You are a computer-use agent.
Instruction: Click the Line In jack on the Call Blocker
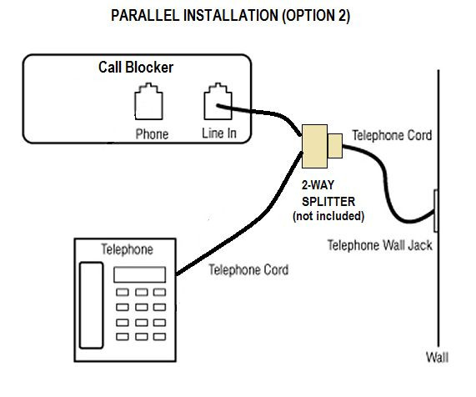[x=218, y=104]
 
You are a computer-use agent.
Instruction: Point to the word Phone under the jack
[x=152, y=134]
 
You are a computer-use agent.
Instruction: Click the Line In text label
[x=219, y=134]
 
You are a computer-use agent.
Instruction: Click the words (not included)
[x=328, y=216]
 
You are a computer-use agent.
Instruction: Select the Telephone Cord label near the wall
[x=391, y=134]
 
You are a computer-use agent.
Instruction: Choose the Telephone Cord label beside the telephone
[x=248, y=270]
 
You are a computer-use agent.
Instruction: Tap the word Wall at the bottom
[x=437, y=359]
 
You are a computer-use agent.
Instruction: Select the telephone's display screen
[x=139, y=274]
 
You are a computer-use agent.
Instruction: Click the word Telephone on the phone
[x=127, y=249]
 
